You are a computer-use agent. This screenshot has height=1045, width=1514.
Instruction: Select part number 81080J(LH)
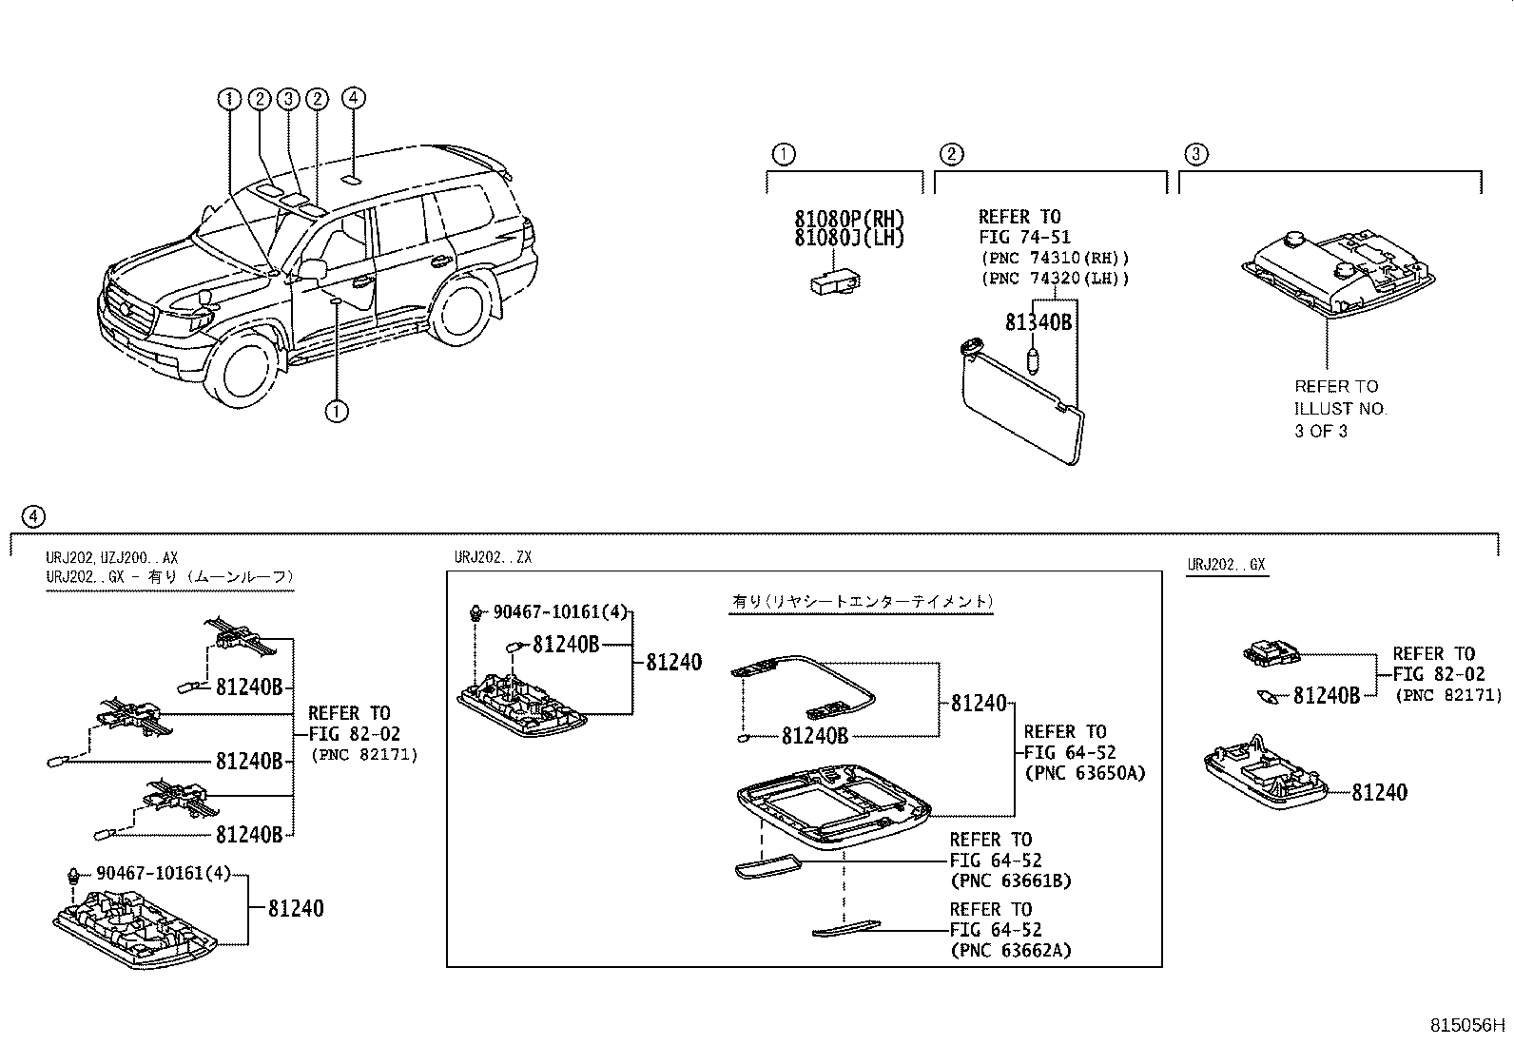pos(849,239)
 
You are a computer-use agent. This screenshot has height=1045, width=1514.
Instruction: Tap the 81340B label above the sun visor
pos(1038,323)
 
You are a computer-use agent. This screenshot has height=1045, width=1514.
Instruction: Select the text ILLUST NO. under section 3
pos(1340,409)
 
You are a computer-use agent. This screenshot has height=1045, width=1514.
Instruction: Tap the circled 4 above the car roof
pos(352,98)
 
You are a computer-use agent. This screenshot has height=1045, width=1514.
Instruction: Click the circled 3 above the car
pos(288,98)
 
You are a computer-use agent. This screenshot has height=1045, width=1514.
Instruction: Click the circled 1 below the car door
pos(336,412)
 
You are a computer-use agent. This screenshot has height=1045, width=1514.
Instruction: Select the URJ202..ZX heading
pos(492,558)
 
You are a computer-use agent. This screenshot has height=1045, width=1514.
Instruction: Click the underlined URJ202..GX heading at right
pos(1226,565)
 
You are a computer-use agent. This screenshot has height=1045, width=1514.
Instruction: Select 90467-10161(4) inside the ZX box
pos(560,612)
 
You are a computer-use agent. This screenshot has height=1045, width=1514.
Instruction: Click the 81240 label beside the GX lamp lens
pos(1379,792)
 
